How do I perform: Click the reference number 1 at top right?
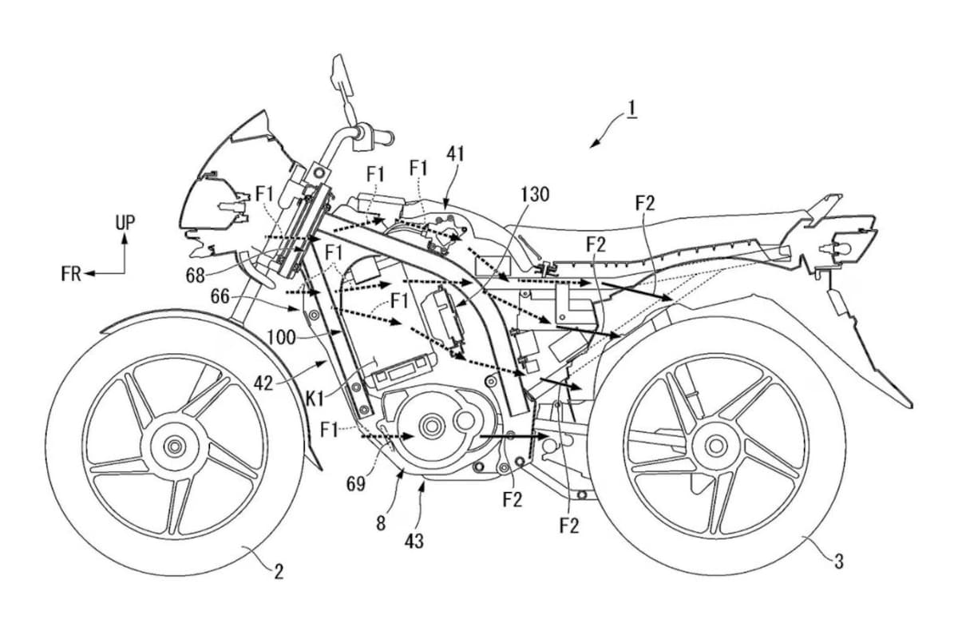[631, 108]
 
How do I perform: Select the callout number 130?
[534, 194]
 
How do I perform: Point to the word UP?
[125, 223]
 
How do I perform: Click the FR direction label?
[71, 274]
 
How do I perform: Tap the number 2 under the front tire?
[279, 571]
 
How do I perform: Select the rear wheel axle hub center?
[715, 445]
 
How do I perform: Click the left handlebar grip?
[381, 137]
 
